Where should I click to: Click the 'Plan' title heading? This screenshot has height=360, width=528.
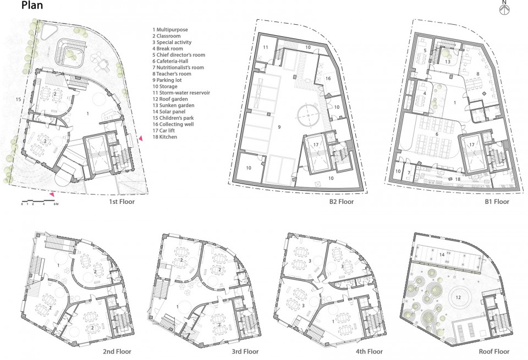(32, 5)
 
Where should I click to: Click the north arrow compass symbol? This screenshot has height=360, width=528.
(504, 8)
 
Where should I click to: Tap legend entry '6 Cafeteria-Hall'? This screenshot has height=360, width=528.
(170, 61)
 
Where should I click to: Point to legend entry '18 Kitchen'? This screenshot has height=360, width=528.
(164, 137)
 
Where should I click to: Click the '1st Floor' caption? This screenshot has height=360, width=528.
(122, 202)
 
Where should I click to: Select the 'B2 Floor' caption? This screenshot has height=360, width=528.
(342, 202)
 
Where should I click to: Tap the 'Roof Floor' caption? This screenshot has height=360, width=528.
(494, 352)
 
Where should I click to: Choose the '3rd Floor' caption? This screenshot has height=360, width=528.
(245, 352)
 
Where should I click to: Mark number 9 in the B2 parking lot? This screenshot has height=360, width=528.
(279, 127)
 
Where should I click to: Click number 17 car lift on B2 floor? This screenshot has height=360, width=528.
(316, 145)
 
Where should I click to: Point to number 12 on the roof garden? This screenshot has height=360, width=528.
(458, 297)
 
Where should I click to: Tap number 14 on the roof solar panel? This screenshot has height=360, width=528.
(442, 254)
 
